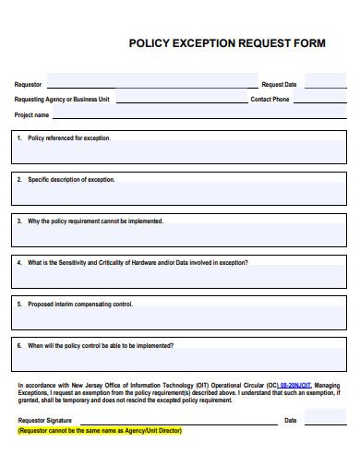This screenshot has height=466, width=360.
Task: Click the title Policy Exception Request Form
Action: click(x=226, y=42)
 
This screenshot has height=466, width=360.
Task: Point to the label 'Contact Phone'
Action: click(x=270, y=99)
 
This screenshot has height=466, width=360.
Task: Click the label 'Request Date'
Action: click(x=279, y=84)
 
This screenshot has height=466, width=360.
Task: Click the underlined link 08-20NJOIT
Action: click(x=295, y=385)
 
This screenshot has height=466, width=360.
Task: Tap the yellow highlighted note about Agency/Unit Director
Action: click(x=100, y=431)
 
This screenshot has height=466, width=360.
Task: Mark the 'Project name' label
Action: click(x=31, y=115)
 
